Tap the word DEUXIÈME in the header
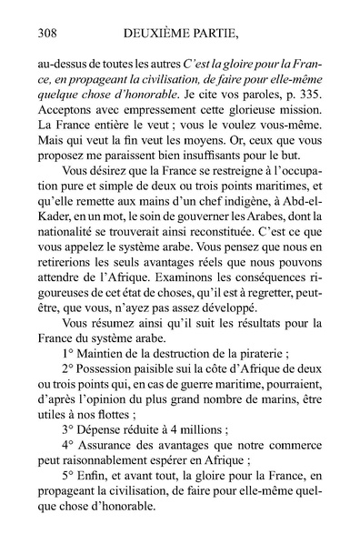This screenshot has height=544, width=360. click(x=163, y=34)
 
